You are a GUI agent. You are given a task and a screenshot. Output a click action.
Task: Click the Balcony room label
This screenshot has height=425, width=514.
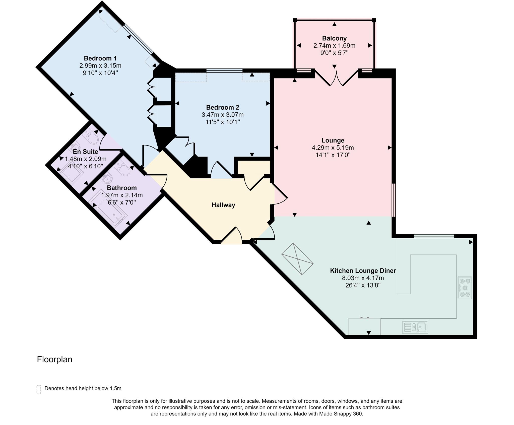click(x=334, y=38)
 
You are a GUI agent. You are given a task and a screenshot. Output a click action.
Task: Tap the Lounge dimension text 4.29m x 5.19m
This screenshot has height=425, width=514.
click(x=333, y=148)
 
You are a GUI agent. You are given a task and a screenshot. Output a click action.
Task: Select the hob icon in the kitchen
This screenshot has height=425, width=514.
click(x=465, y=288)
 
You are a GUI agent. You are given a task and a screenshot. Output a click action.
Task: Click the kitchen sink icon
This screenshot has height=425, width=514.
click(x=415, y=327)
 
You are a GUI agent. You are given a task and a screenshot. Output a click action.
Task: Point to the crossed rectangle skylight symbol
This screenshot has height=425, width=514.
click(x=297, y=259)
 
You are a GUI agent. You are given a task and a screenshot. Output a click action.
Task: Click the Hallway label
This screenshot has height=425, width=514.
click(x=223, y=205)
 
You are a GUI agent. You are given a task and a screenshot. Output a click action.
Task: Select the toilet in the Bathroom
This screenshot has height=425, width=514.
click(x=123, y=169)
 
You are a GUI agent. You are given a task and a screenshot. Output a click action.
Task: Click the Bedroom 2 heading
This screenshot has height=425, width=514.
click(x=222, y=107)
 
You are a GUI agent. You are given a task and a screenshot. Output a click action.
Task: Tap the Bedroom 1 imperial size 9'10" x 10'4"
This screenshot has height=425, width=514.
click(x=100, y=73)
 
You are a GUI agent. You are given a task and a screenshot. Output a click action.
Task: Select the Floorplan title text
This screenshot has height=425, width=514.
click(x=54, y=359)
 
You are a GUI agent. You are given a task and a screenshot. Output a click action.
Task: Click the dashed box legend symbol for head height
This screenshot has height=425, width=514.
click(x=39, y=390)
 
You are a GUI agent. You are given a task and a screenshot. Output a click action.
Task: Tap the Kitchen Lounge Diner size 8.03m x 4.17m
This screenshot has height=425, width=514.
click(x=363, y=278)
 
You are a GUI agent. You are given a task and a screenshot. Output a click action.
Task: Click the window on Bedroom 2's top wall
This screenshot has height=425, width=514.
click(x=224, y=71)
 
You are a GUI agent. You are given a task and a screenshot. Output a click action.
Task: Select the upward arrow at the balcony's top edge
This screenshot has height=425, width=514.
click(x=334, y=24)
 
